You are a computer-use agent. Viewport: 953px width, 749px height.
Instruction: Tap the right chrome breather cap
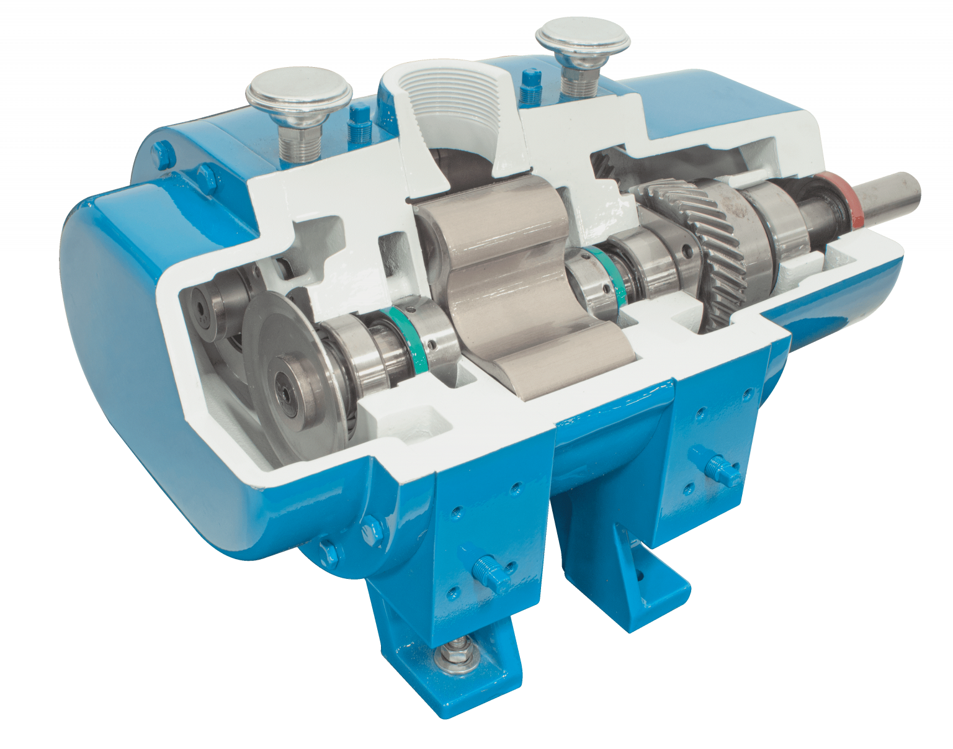(584, 38)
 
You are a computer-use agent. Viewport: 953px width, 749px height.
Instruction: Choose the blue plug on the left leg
(486, 569)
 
